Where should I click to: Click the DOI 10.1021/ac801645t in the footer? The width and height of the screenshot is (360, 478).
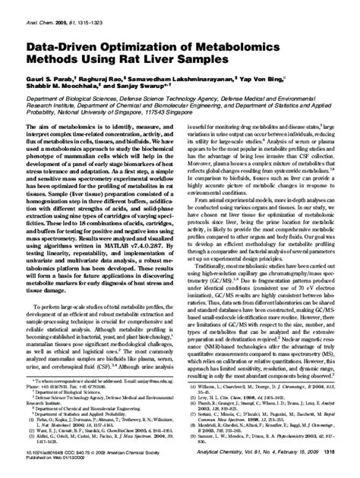[x=43, y=463]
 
